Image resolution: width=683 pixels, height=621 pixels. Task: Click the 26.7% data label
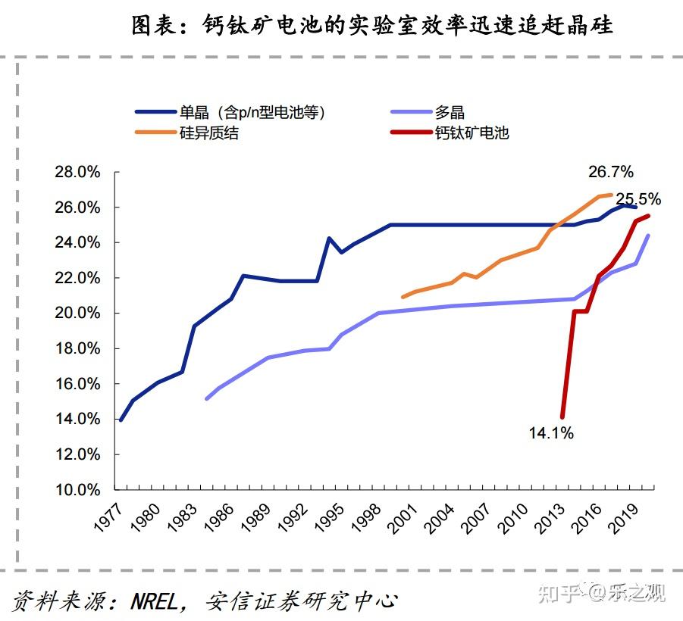tap(610, 172)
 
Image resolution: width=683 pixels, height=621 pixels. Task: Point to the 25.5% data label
tap(638, 199)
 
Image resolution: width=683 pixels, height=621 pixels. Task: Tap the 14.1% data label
tap(551, 433)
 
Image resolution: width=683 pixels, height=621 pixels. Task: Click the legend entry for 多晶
tap(450, 112)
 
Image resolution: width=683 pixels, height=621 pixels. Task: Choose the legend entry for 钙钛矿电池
tap(471, 133)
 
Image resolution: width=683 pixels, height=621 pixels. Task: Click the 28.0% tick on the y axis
tap(78, 172)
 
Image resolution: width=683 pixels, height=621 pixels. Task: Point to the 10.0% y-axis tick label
tap(78, 489)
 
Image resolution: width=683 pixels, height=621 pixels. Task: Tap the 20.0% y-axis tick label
tap(78, 313)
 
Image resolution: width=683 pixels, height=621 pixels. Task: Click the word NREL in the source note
tap(156, 601)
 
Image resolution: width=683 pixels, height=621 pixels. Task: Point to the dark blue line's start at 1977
tap(121, 420)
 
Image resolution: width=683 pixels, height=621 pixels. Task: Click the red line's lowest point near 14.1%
tap(562, 417)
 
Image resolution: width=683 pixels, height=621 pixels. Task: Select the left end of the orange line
tap(403, 297)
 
